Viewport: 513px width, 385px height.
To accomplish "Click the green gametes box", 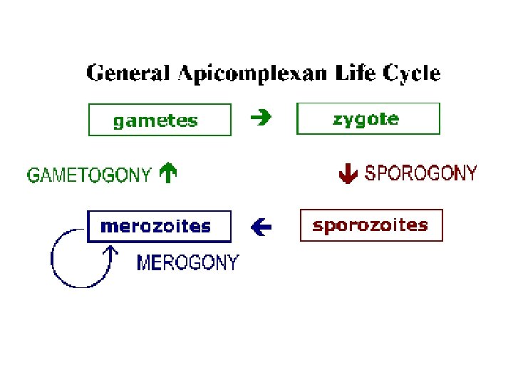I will coord(160,120).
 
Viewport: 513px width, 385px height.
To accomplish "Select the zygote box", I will coord(368,118).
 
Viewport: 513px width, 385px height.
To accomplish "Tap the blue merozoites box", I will coord(160,227).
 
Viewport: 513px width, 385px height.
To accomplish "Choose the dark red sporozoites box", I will coord(371,225).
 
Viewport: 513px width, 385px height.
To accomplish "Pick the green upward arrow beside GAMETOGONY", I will coord(168,173).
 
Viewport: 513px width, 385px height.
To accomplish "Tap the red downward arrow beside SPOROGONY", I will coord(347,173).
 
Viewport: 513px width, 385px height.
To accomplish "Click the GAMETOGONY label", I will coord(89,175).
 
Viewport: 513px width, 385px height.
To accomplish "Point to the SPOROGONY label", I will coord(420,173).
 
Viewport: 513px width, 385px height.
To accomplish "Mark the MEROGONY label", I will coord(187,263).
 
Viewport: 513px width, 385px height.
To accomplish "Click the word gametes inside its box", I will coord(155,120).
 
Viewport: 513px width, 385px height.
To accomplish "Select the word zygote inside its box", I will coord(366,119).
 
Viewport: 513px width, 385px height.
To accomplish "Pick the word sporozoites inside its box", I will coord(370,225).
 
